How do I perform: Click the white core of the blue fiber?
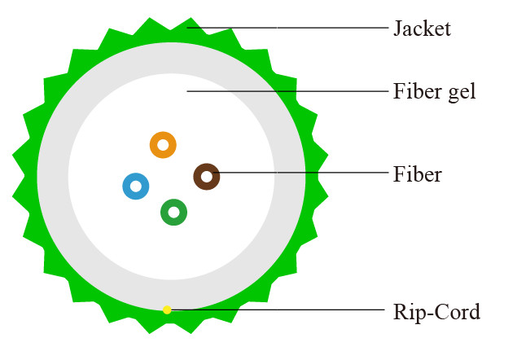[x=136, y=187]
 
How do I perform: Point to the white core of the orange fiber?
[x=163, y=146]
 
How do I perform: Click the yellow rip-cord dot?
[x=167, y=310]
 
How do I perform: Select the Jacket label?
[x=421, y=29]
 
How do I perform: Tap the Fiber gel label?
[x=433, y=92]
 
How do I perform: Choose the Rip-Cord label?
[x=436, y=311]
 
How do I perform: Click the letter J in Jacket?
[x=397, y=29]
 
